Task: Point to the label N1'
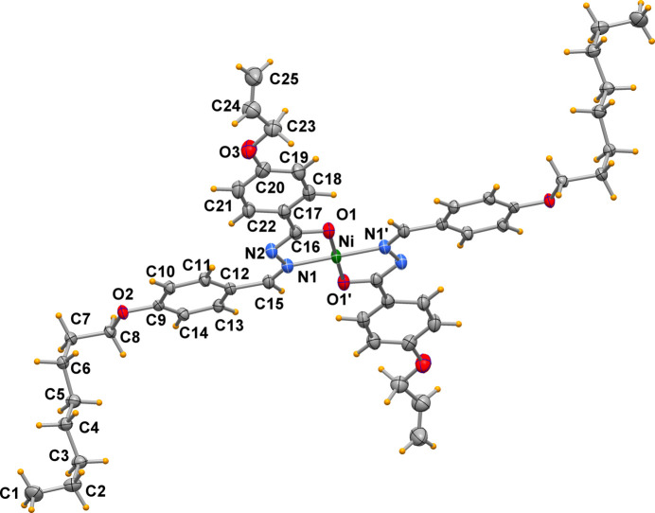[x=378, y=232]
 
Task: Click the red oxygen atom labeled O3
[x=250, y=149]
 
